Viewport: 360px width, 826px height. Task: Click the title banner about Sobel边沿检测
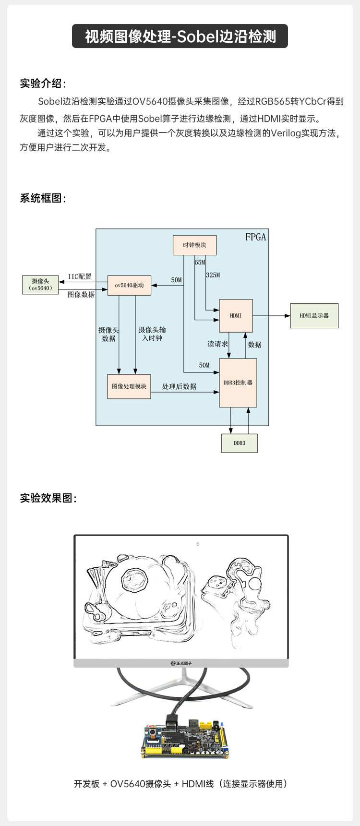[180, 36]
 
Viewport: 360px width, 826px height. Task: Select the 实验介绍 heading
[43, 84]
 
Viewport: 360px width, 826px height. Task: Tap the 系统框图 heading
[43, 198]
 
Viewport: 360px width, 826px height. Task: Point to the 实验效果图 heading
[48, 498]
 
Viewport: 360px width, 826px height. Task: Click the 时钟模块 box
[194, 245]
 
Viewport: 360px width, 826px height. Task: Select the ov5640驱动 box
[129, 285]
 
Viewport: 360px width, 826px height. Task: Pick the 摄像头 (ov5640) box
[40, 285]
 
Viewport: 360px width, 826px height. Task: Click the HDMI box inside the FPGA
[236, 316]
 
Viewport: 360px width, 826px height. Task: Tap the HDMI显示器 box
[314, 316]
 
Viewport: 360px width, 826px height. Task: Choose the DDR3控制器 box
[238, 383]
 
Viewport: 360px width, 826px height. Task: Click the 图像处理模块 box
[129, 386]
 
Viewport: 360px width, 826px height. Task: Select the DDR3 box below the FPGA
[239, 443]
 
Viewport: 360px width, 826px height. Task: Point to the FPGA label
[255, 237]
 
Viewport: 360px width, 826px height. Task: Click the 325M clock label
[213, 275]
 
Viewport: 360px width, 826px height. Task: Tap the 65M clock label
[200, 263]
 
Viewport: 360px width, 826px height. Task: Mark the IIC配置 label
[80, 276]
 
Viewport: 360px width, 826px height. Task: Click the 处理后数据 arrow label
[179, 386]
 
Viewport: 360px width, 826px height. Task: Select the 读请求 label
[217, 344]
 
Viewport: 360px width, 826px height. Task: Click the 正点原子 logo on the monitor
[181, 663]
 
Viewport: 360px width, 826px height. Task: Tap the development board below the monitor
[185, 740]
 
